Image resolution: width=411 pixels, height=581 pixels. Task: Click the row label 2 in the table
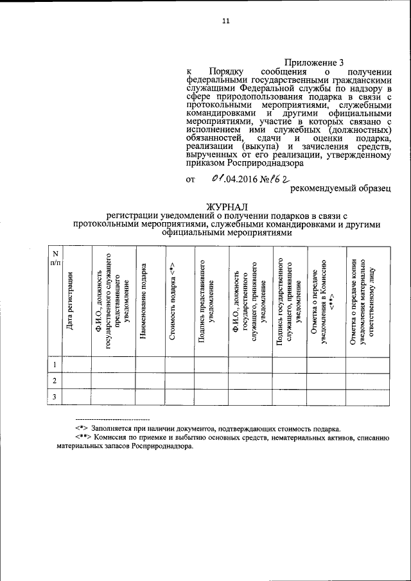pyautogui.click(x=55, y=381)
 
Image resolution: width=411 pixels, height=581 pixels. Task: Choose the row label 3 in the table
pyautogui.click(x=55, y=398)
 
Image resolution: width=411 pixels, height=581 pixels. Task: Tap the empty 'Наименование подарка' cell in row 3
pyautogui.click(x=150, y=398)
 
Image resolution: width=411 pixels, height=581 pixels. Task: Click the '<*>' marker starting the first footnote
pyautogui.click(x=82, y=429)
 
